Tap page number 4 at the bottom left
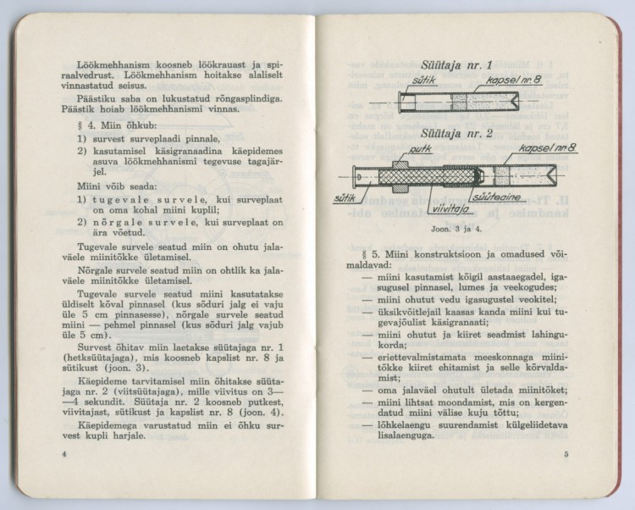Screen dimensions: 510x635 65,479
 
